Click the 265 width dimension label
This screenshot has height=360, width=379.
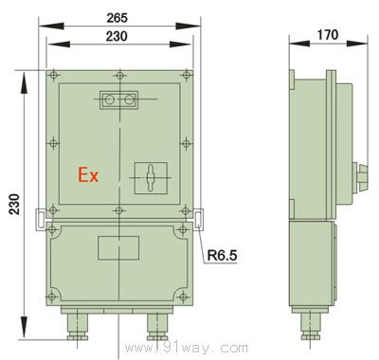pyautogui.click(x=117, y=17)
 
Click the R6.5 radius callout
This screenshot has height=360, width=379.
pyautogui.click(x=220, y=254)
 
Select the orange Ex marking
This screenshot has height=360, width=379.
pyautogui.click(x=89, y=175)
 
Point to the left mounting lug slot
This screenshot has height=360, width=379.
pyautogui.click(x=39, y=218)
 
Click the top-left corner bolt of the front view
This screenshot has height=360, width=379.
pyautogui.click(x=55, y=74)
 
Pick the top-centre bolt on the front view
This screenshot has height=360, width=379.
pyautogui.click(x=117, y=74)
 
